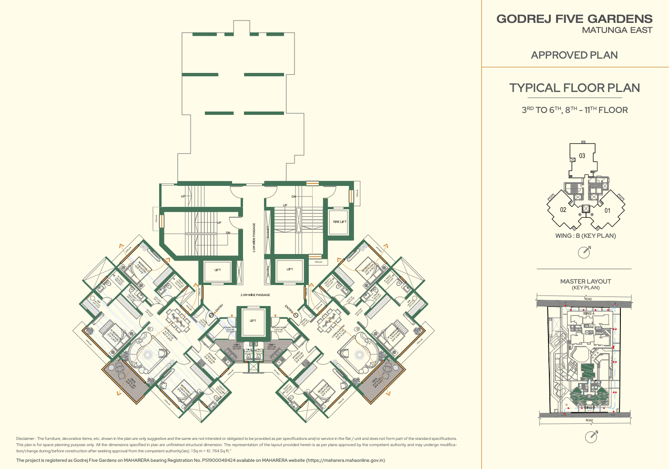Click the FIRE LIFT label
point(340,222)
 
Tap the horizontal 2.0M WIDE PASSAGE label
point(255,295)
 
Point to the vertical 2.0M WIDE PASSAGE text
point(254,237)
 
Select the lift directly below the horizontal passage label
point(253,321)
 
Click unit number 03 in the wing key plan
point(582,156)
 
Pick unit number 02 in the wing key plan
point(563,210)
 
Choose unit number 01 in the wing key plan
point(607,210)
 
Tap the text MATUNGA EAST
point(617,30)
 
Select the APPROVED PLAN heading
point(574,55)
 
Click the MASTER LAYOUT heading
point(585,281)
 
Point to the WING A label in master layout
point(588,314)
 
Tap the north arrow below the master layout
point(591,437)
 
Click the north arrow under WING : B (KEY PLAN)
point(584,252)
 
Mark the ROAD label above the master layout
point(588,299)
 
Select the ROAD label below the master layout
point(589,420)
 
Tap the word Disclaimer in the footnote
point(25,438)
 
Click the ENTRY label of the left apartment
point(219,309)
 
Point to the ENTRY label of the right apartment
point(289,309)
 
